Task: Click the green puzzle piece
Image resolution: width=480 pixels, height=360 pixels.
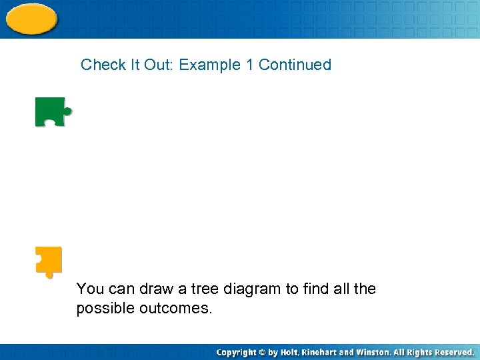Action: pos(51,112)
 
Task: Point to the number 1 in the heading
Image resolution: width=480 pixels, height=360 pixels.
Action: pos(249,65)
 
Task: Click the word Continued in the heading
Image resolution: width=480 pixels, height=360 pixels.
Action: pos(295,65)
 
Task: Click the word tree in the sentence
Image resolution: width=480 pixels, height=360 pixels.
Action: pos(203,289)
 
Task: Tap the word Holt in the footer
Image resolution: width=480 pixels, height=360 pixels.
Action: pos(289,352)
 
